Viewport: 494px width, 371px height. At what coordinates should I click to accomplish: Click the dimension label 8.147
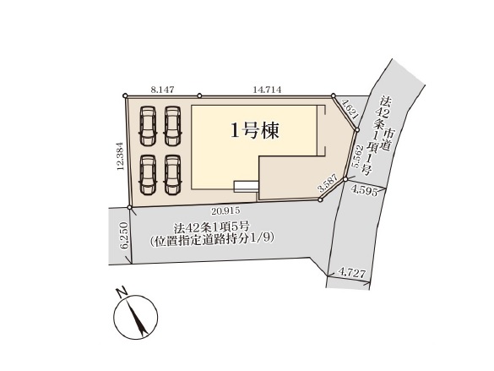click(x=162, y=90)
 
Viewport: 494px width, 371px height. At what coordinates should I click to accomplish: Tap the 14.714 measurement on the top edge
click(x=267, y=90)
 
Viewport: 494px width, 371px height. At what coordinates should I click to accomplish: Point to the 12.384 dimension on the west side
click(x=121, y=155)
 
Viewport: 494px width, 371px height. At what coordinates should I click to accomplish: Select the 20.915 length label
click(x=225, y=210)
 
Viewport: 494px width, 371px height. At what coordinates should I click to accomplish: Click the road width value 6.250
click(x=124, y=236)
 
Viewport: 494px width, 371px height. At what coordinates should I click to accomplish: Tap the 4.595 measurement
click(x=366, y=191)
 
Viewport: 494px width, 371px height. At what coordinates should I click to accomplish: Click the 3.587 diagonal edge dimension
click(x=328, y=183)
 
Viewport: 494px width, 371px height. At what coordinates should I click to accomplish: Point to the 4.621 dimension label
click(x=350, y=109)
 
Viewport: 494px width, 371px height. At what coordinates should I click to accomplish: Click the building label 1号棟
click(x=255, y=130)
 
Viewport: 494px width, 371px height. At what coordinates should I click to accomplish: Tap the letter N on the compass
click(x=122, y=292)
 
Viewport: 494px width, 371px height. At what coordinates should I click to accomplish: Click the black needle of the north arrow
click(x=137, y=316)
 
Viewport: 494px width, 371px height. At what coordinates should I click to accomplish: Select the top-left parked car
click(x=148, y=126)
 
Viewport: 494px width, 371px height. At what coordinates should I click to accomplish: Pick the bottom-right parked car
click(x=172, y=175)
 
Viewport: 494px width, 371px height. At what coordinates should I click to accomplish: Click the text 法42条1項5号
click(x=211, y=226)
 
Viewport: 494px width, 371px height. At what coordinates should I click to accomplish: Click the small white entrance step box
click(x=246, y=187)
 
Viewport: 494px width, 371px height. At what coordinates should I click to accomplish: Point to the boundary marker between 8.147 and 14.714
click(x=199, y=95)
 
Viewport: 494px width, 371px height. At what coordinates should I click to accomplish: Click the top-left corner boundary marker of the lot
click(x=125, y=95)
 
